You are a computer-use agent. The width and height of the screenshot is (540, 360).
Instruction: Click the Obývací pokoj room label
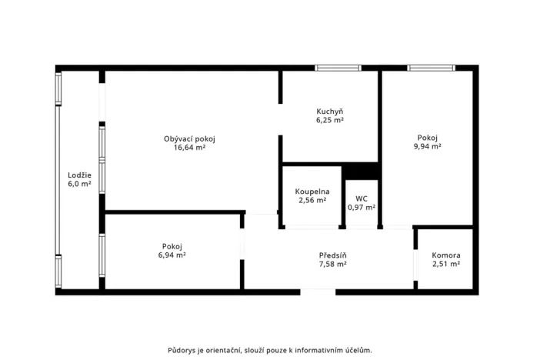pyautogui.click(x=189, y=138)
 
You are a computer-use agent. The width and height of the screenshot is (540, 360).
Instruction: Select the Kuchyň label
pyautogui.click(x=329, y=111)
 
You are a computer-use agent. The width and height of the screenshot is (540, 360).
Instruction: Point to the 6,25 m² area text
pyautogui.click(x=329, y=120)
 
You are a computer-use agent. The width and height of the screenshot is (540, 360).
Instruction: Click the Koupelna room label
pyautogui.click(x=312, y=191)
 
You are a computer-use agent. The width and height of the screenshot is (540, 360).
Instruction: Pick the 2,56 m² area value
pyautogui.click(x=312, y=200)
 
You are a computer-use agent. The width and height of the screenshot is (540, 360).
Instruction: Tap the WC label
pyautogui.click(x=361, y=198)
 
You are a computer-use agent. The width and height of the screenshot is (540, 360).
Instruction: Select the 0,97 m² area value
pyautogui.click(x=361, y=207)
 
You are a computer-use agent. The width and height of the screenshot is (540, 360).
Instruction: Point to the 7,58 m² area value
pyautogui.click(x=332, y=264)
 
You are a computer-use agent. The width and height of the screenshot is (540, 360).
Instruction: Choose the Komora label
pyautogui.click(x=445, y=255)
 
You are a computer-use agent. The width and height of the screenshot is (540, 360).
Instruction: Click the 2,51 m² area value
pyautogui.click(x=445, y=264)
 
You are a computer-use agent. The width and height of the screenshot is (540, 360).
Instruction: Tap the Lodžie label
pyautogui.click(x=79, y=175)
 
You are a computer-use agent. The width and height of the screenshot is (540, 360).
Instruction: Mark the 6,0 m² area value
pyautogui.click(x=79, y=185)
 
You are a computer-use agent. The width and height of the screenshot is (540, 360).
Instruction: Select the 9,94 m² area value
pyautogui.click(x=427, y=145)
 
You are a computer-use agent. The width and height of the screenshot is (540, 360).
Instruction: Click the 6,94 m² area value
pyautogui.click(x=172, y=255)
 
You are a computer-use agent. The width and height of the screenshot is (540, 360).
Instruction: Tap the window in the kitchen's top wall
pyautogui.click(x=338, y=68)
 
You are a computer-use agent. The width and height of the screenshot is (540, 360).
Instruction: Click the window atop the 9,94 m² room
pyautogui.click(x=431, y=68)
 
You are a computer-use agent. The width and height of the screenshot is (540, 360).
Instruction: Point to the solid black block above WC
pyautogui.click(x=361, y=172)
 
